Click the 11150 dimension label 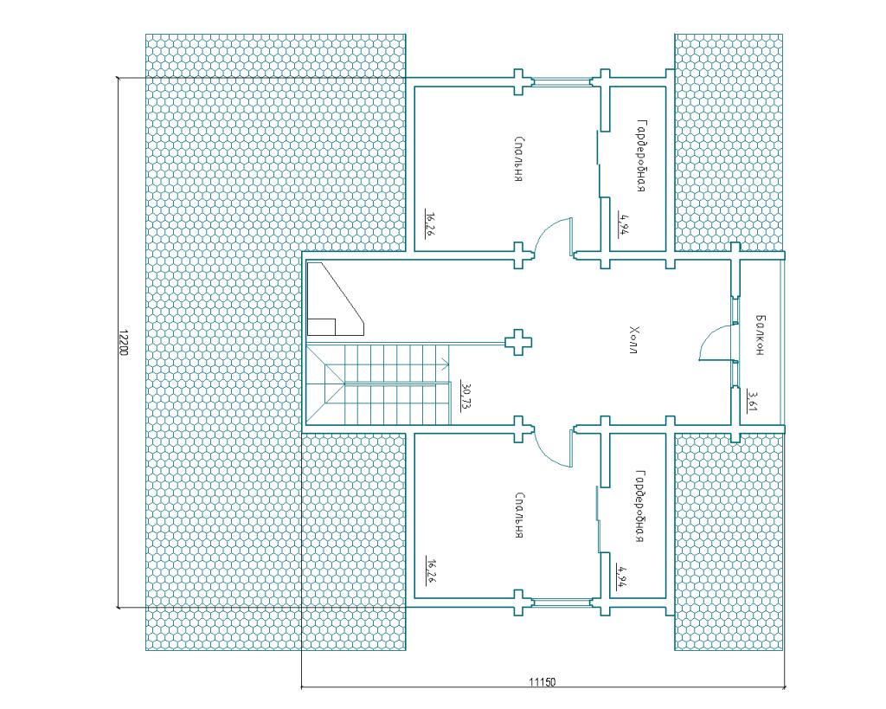pos(542,682)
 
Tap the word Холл pos(634,340)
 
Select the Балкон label pos(760,335)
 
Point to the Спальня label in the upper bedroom pos(519,159)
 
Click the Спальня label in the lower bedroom pos(519,515)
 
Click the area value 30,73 pos(466,395)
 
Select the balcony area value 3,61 pos(752,400)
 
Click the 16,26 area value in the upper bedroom pos(430,222)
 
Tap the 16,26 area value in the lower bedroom pos(430,570)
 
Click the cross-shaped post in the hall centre pos(517,342)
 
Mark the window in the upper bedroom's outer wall pos(562,82)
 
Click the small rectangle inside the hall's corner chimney pos(322,326)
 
